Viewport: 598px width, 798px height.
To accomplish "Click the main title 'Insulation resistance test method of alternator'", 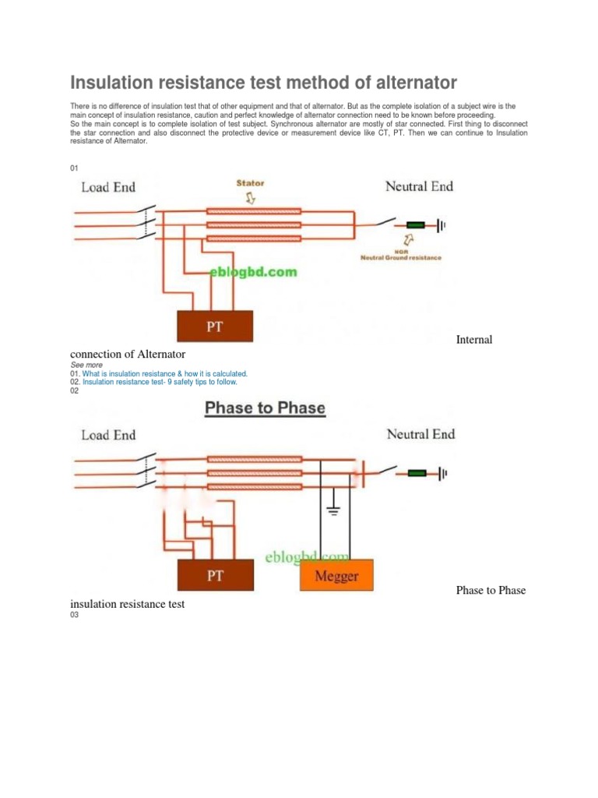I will click(x=263, y=83).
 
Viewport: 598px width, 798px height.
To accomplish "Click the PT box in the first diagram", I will click(x=215, y=326).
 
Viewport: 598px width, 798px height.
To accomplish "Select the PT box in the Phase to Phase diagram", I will click(x=215, y=576).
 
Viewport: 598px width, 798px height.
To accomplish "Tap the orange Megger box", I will click(x=336, y=577).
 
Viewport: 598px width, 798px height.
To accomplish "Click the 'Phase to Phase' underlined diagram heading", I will click(x=265, y=408).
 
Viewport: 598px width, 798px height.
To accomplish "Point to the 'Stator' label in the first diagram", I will click(x=250, y=184).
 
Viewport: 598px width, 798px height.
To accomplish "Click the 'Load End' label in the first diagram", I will click(x=108, y=187).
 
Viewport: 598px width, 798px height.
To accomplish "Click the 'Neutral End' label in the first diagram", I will click(x=420, y=186).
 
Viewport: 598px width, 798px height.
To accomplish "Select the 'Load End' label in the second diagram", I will click(x=108, y=435).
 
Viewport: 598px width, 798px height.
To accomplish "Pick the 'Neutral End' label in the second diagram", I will click(x=420, y=434).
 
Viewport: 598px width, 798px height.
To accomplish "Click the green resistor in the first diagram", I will click(x=417, y=225).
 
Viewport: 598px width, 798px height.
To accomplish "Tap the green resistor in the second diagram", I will click(x=417, y=472).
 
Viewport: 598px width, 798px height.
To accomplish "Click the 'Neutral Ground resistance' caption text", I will click(x=400, y=257).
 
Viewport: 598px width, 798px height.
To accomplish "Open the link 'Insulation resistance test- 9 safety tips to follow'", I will click(x=160, y=383).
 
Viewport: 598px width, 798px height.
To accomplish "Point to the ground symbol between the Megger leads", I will click(x=333, y=510).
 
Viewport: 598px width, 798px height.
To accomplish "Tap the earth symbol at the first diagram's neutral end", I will click(x=441, y=225).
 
